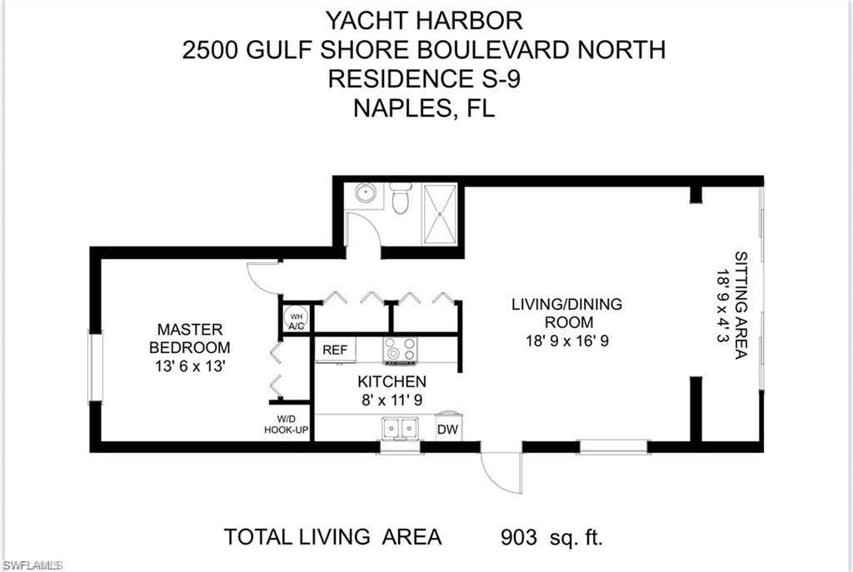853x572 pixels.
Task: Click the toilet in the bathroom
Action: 401,199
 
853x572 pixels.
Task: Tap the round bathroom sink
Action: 365,194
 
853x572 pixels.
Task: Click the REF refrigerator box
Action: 335,350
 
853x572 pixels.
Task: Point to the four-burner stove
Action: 400,351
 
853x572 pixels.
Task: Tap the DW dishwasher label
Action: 448,429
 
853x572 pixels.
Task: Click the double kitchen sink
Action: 400,428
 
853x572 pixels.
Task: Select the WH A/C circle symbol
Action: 296,318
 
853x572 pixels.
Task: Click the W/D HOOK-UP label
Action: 283,425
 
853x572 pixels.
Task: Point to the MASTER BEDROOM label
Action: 190,338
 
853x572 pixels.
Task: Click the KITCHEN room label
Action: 392,381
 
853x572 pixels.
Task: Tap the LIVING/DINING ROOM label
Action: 566,313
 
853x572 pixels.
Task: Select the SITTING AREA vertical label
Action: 739,305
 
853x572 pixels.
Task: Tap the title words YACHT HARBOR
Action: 425,18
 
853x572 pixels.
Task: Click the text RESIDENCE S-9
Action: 425,79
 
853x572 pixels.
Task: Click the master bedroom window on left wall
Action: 95,366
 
